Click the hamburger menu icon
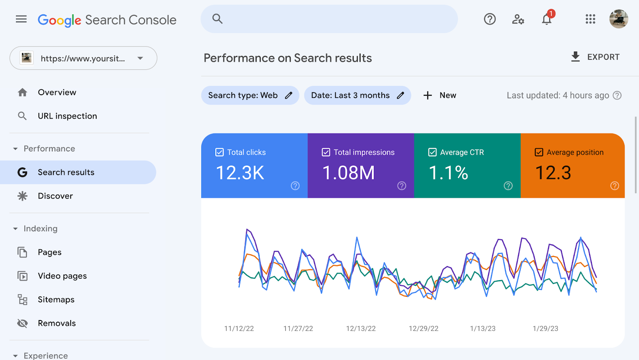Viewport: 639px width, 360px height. [x=21, y=19]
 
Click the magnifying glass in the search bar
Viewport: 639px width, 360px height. [x=217, y=19]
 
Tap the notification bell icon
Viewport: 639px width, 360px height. [x=546, y=19]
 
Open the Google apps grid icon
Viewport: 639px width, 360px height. [x=590, y=19]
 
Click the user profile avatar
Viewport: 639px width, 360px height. [x=618, y=19]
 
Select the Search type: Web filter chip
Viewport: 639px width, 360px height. [x=250, y=95]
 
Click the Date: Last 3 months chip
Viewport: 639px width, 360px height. [x=357, y=95]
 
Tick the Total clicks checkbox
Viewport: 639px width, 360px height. [x=219, y=152]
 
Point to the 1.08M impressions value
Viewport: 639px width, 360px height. [x=348, y=173]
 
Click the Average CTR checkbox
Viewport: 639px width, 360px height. [x=432, y=152]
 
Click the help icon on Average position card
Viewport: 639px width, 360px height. [x=615, y=186]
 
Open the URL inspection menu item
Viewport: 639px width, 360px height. [x=67, y=116]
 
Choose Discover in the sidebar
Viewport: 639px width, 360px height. [x=55, y=196]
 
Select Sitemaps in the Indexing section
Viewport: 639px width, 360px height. [x=56, y=300]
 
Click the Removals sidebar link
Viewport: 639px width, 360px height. [x=57, y=323]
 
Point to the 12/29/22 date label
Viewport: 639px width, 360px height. [x=423, y=328]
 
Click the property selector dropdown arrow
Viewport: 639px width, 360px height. [x=140, y=58]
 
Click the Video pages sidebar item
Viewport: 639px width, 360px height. [x=62, y=276]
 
